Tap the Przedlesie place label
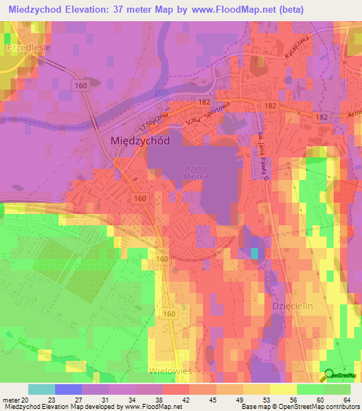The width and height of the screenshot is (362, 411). pyautogui.click(x=28, y=48)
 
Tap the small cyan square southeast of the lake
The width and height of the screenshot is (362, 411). pyautogui.click(x=255, y=253)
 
